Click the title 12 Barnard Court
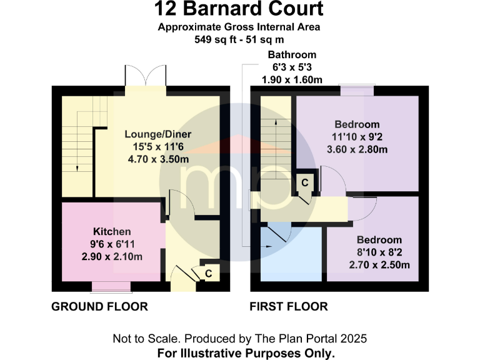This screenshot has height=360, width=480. [239, 9]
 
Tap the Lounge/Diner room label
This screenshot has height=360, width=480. [157, 134]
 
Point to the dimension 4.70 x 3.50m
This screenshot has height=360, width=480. [157, 159]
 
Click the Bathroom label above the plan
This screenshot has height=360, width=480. [292, 55]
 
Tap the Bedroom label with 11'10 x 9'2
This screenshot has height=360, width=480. [357, 124]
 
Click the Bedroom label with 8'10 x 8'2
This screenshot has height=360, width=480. [379, 240]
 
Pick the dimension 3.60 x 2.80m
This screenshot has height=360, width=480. [357, 149]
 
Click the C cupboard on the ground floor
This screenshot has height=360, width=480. [208, 273]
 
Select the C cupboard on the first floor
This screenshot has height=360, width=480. [304, 182]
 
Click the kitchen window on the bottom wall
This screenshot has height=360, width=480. [107, 287]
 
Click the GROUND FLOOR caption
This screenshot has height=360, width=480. [99, 307]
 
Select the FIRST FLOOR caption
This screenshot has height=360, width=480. [288, 307]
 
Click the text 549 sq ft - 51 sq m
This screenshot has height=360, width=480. [239, 38]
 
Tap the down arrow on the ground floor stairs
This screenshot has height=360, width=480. [76, 167]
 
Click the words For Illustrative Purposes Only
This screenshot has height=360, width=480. [239, 352]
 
